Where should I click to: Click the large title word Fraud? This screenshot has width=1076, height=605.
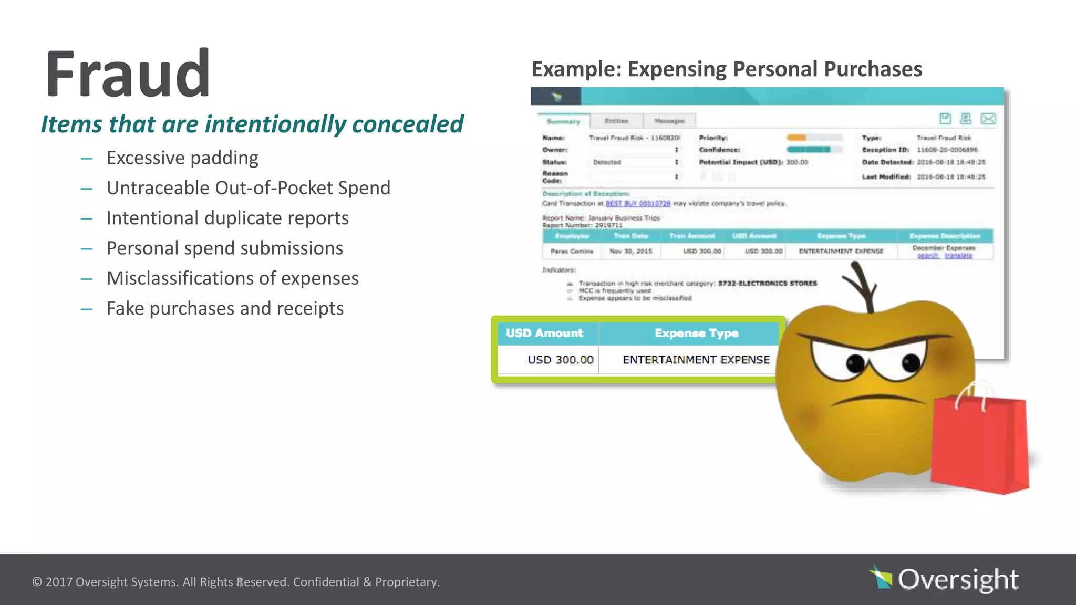[128, 74]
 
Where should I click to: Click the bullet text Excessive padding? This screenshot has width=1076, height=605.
[182, 158]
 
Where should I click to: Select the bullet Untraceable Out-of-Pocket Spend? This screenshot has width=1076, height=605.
[248, 188]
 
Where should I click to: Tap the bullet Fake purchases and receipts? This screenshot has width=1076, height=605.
[225, 308]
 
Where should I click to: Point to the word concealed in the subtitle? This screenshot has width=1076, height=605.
[407, 124]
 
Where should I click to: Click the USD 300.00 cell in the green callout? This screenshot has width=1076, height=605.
[560, 360]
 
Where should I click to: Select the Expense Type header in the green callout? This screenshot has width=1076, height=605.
[696, 333]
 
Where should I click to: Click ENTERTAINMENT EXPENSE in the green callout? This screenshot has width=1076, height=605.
[696, 360]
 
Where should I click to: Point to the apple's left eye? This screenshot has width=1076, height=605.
[855, 362]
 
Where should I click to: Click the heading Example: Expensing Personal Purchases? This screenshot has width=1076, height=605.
[727, 69]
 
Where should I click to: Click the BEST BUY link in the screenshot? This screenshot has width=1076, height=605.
[638, 203]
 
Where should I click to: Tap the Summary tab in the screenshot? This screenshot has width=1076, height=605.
[563, 121]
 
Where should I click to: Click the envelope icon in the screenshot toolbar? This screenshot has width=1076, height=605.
[988, 119]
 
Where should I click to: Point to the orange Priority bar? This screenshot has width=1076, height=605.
[796, 138]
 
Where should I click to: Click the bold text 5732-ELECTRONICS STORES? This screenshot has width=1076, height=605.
[767, 283]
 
